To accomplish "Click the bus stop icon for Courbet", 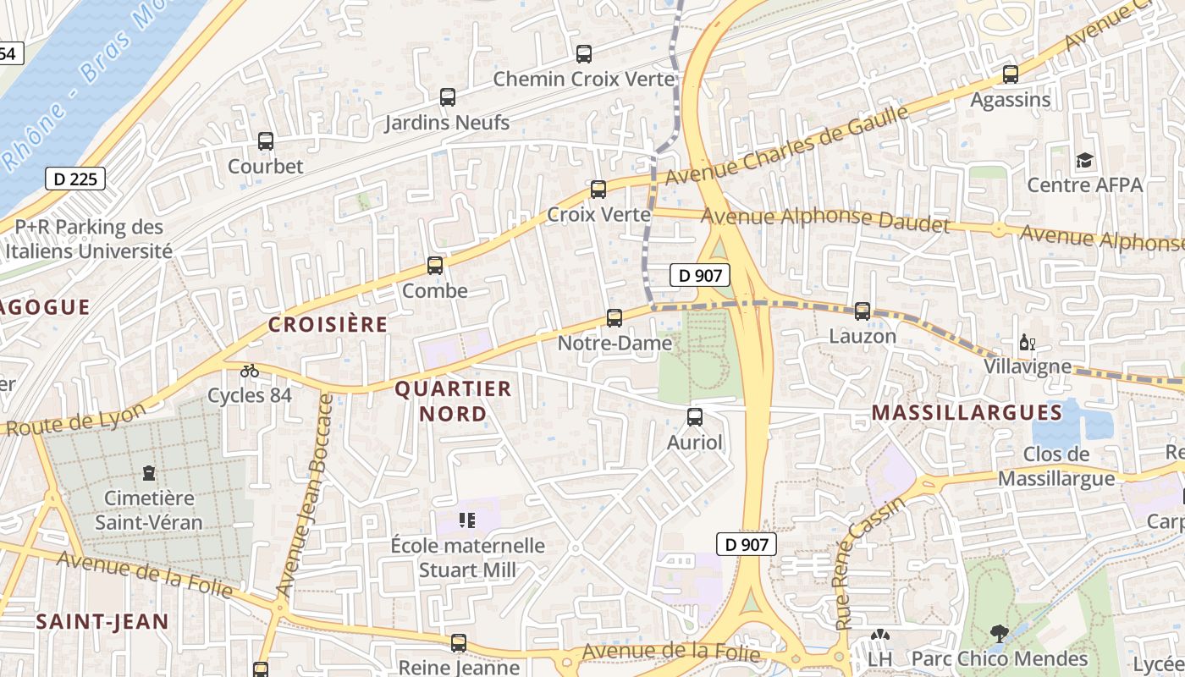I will pos(266,141).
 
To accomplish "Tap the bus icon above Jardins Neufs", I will pos(448,97).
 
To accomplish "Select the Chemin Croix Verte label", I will pos(584,80).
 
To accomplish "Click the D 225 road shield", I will pos(75,179).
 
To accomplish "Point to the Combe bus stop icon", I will pos(435,266).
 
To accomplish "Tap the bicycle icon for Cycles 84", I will pos(250,371).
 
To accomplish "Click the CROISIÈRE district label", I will pos(328,324).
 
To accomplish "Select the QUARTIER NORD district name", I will pos(454,401).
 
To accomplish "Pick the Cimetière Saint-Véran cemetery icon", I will pos(150,471).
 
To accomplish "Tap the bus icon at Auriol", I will pos(695,416).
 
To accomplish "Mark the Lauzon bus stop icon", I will pos(863,311).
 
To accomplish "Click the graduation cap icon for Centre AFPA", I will pos(1084,160).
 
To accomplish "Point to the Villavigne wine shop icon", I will pos(1027,343).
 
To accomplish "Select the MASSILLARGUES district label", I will pos(967,413).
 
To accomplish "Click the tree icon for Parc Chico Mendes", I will pos(1000,633).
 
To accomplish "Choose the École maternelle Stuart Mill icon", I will pos(467,520).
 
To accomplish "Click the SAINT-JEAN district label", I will pos(102,622).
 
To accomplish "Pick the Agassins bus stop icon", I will pos(1010,74).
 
